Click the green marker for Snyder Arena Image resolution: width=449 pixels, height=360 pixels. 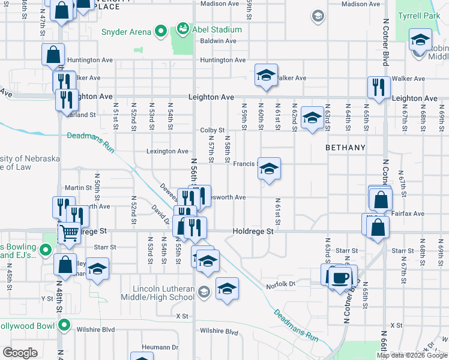coord(160,31)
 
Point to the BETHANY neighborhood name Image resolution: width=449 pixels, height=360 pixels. coord(345,147)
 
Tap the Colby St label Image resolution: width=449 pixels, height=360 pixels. coord(212,130)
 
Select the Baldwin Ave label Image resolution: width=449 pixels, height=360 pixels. coord(218,41)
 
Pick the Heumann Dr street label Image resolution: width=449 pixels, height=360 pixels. coord(161,347)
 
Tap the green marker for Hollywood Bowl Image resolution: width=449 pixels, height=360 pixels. coord(64,326)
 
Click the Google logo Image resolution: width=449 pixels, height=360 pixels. coord(20,353)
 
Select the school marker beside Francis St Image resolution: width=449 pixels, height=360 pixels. coord(270,170)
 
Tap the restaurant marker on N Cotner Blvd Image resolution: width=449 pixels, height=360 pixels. coord(378,88)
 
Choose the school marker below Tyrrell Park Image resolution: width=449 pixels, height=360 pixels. coord(420,41)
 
